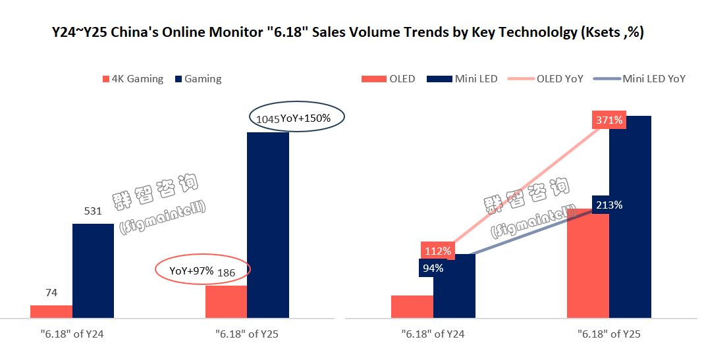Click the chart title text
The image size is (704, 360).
pyautogui.click(x=348, y=32)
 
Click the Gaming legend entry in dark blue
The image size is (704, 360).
pyautogui.click(x=198, y=79)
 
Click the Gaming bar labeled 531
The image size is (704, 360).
pyautogui.click(x=93, y=271)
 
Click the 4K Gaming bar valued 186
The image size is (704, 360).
pyautogui.click(x=226, y=302)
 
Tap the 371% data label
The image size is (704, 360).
pyautogui.click(x=610, y=120)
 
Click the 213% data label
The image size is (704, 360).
pyautogui.click(x=609, y=205)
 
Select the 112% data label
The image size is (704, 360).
pyautogui.click(x=437, y=251)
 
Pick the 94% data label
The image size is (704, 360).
pyautogui.click(x=433, y=268)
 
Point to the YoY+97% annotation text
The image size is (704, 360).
pyautogui.click(x=191, y=271)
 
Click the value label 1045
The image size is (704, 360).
pyautogui.click(x=267, y=120)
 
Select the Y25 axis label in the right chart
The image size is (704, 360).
pyautogui.click(x=609, y=334)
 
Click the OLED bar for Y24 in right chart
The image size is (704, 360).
pyautogui.click(x=412, y=307)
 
